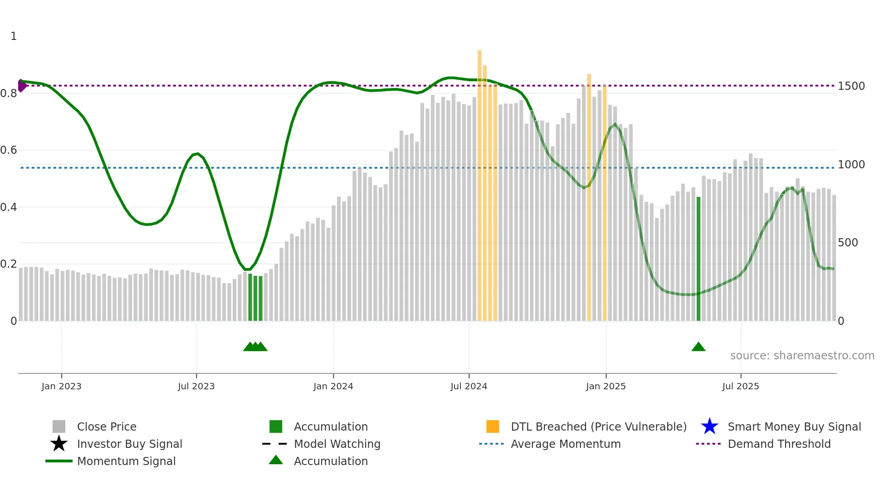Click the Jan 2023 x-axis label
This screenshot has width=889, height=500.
61,386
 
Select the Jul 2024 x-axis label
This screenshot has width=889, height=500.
469,386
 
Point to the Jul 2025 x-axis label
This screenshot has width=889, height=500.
740,386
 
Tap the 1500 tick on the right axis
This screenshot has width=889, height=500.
851,86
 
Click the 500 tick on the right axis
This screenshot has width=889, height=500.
848,243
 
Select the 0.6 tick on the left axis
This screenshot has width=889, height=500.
9,150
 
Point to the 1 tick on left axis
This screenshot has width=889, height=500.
14,36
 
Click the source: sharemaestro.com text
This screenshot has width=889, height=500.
802,356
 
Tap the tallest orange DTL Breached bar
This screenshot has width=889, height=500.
479,181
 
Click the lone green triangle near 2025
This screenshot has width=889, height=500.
698,347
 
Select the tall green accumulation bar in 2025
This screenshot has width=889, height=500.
698,259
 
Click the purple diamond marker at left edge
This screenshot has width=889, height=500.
21,85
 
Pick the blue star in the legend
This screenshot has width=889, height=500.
709,426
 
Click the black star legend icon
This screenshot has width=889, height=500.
59,444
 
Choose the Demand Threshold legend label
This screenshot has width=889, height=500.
779,444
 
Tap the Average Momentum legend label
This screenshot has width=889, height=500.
565,444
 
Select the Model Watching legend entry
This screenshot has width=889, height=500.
337,444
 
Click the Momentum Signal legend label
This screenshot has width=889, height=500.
126,461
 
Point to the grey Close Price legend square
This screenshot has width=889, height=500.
59,426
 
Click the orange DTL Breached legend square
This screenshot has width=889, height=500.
493,426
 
